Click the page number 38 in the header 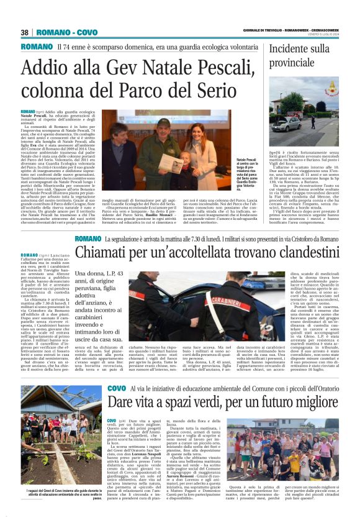pyautogui.click(x=25, y=32)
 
